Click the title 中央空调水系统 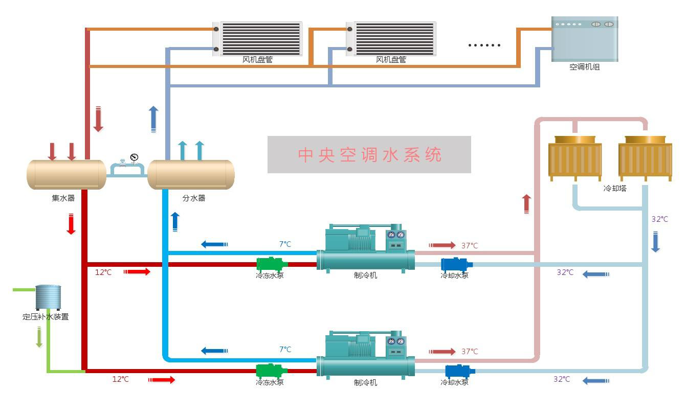(369, 154)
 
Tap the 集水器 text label (63, 198)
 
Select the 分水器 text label (193, 198)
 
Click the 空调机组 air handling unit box (584, 39)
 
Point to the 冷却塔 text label (615, 188)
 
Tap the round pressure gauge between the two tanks (134, 157)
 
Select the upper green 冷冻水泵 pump (271, 264)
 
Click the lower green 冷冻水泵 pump (271, 371)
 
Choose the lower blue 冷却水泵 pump (459, 371)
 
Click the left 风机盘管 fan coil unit (258, 38)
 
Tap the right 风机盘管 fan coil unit (391, 38)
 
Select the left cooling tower (574, 158)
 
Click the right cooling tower (645, 158)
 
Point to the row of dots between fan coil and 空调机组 (484, 45)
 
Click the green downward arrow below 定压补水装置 (39, 337)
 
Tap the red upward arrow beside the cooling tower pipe (526, 204)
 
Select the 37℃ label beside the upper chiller (469, 246)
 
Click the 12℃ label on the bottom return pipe (120, 379)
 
